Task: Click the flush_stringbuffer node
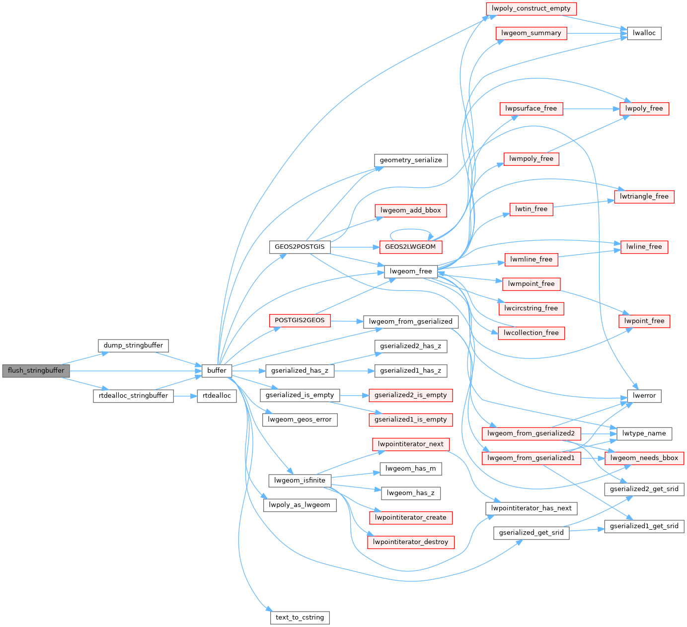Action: pos(36,371)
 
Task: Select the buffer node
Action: pos(217,371)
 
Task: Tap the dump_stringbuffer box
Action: pos(133,346)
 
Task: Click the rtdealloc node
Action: pos(217,396)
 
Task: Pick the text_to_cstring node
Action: pos(300,618)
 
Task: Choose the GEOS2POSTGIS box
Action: pos(300,247)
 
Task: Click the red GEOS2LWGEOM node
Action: pos(410,247)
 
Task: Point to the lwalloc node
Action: pos(644,33)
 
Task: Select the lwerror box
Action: pos(644,396)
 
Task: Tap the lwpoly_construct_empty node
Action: pos(531,8)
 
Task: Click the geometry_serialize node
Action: pos(410,160)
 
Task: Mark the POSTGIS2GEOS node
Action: pos(300,321)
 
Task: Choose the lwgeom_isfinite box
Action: pos(300,481)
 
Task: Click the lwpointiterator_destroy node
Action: pos(410,542)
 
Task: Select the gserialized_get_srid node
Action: pos(531,533)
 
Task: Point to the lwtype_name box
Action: pos(644,433)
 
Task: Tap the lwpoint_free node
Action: pos(644,321)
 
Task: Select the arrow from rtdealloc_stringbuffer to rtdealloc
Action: pos(185,396)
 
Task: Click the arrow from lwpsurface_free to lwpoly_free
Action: pos(591,108)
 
